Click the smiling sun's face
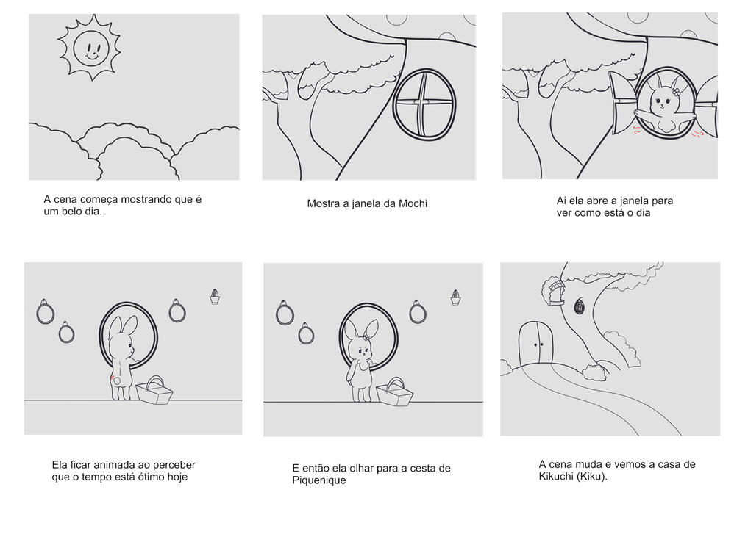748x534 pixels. point(91,48)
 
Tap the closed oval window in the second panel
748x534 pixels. point(424,104)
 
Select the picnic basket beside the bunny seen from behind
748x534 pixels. point(154,391)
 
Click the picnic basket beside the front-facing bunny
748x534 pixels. point(394,392)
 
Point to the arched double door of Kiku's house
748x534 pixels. point(536,342)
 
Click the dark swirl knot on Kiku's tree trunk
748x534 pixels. point(579,306)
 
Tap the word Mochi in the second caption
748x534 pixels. point(413,204)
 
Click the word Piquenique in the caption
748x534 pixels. point(319,480)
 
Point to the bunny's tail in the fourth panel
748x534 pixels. point(113,379)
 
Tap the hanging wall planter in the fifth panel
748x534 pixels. point(455,297)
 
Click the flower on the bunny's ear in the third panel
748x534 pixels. point(675,91)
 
